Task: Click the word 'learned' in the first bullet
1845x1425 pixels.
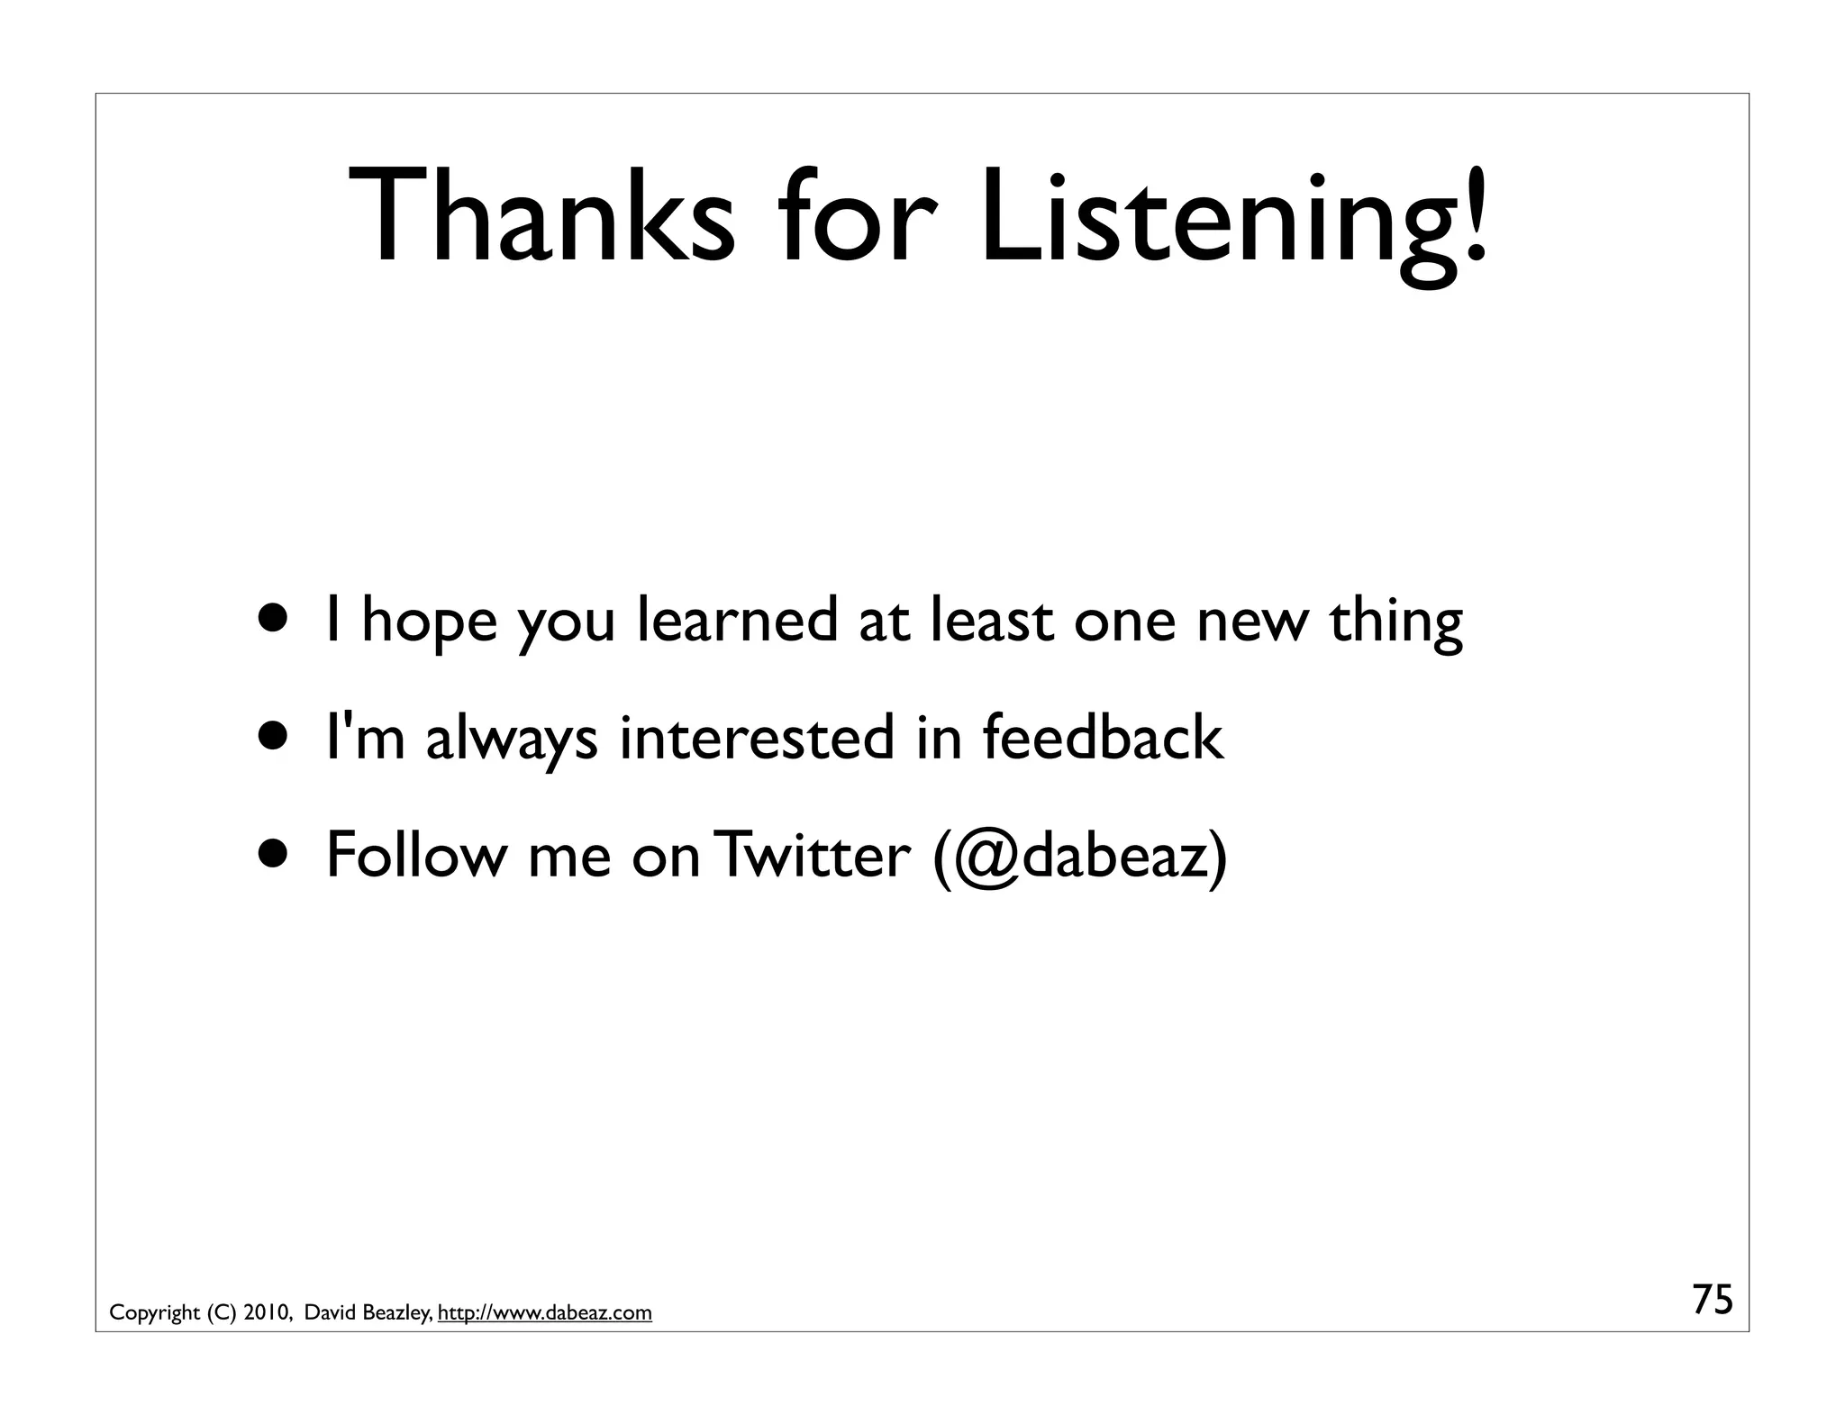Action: pyautogui.click(x=737, y=620)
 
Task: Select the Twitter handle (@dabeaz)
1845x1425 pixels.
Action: pyautogui.click(x=1080, y=856)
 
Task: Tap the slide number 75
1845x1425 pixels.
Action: pyautogui.click(x=1712, y=1300)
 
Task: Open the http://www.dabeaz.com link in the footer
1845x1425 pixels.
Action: pyautogui.click(x=544, y=1313)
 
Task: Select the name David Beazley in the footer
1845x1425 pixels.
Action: pyautogui.click(x=368, y=1313)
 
